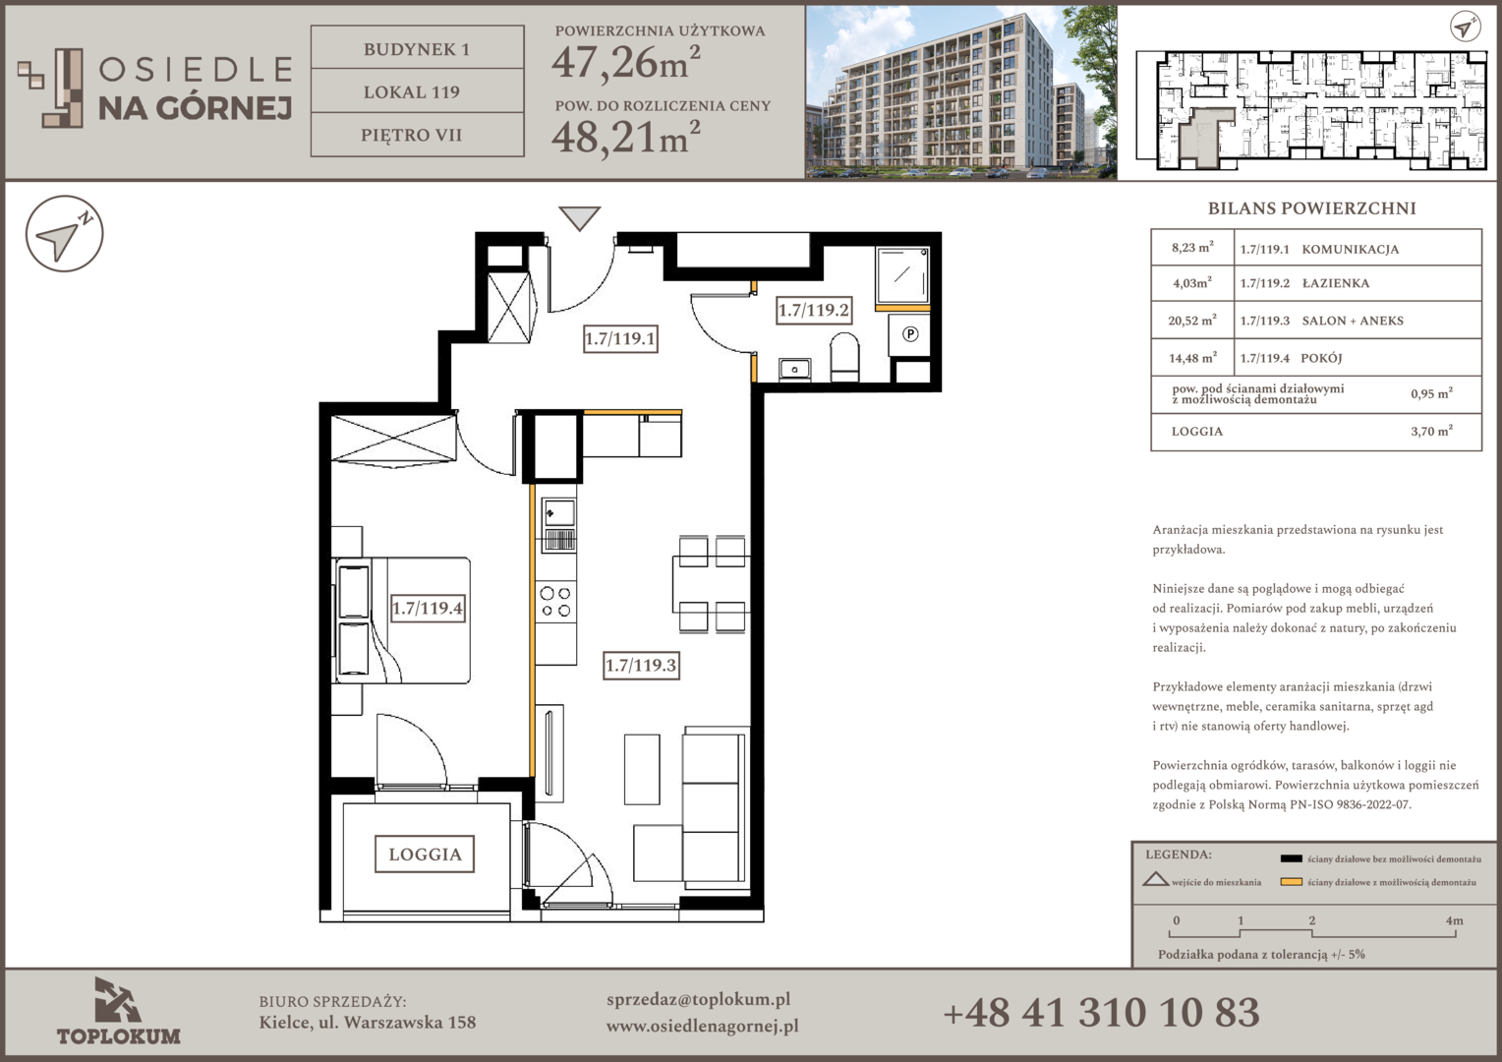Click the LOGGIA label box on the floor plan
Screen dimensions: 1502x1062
(x=425, y=854)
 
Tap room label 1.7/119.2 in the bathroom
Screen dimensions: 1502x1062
(x=813, y=310)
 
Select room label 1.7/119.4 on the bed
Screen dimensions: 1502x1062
(x=428, y=608)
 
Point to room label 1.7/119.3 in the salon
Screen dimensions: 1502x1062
(x=641, y=665)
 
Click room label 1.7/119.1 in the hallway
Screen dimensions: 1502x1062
(x=619, y=338)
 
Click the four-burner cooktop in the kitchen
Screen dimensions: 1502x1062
(x=555, y=601)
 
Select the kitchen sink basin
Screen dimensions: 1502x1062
(x=558, y=514)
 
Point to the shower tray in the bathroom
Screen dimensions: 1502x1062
(x=902, y=275)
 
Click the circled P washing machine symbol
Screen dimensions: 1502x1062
(x=910, y=333)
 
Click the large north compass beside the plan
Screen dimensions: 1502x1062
(x=64, y=234)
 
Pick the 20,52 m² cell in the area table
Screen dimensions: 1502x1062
(x=1192, y=320)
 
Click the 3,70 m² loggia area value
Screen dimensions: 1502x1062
(x=1431, y=431)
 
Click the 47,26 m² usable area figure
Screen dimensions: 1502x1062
(x=625, y=62)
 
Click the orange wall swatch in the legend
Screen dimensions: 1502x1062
(x=1291, y=882)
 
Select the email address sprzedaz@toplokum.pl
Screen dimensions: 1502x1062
(x=698, y=1000)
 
